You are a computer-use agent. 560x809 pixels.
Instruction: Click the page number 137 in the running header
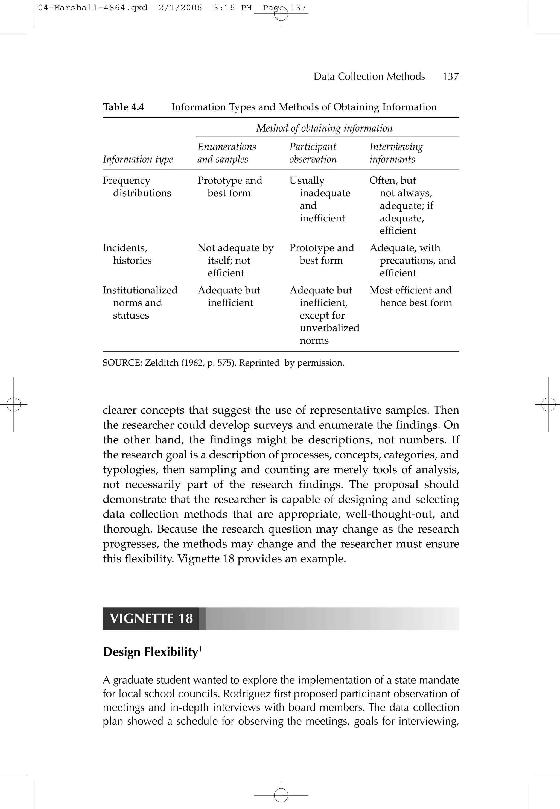(451, 77)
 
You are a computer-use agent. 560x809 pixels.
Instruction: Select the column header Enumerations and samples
(227, 153)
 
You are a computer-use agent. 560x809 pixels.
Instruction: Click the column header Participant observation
(313, 153)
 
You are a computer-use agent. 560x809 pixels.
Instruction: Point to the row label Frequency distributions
(137, 187)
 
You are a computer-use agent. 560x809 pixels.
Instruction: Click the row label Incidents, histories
(127, 254)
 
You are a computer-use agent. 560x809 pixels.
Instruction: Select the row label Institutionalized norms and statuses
(140, 302)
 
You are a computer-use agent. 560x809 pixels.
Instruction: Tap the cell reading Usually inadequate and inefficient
(319, 199)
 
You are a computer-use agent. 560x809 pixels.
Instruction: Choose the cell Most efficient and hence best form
(410, 296)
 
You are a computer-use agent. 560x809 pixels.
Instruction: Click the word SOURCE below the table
(121, 363)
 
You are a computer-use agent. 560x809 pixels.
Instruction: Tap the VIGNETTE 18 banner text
(151, 618)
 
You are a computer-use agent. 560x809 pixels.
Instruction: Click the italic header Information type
(138, 159)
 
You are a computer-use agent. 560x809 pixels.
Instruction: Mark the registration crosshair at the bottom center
(281, 795)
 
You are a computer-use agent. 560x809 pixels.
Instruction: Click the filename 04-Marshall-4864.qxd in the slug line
(93, 8)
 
